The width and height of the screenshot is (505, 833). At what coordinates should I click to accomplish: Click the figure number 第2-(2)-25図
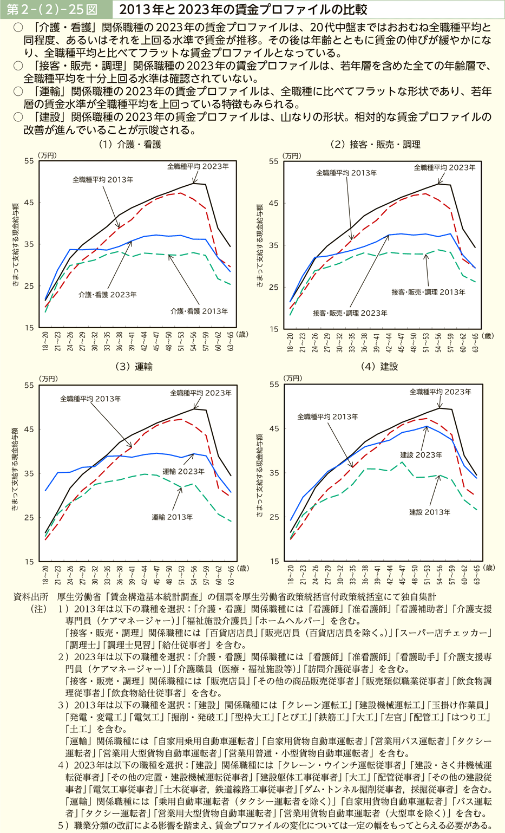53,9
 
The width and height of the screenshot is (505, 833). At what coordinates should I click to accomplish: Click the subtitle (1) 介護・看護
130,145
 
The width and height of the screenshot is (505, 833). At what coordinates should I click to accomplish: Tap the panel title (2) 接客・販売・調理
375,145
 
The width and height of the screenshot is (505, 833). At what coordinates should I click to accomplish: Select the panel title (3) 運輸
134,367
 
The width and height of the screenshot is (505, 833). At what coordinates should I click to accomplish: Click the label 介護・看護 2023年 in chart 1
107,295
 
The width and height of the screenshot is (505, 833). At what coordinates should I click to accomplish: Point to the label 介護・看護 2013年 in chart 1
199,311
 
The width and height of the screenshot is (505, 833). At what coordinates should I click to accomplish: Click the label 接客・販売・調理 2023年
350,313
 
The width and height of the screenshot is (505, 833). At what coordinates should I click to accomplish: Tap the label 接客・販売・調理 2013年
429,292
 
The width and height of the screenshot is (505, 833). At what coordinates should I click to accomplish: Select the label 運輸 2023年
183,472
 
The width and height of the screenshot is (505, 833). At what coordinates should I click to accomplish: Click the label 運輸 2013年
172,517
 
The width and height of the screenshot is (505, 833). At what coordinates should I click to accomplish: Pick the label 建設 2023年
421,455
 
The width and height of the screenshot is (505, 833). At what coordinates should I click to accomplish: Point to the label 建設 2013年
430,512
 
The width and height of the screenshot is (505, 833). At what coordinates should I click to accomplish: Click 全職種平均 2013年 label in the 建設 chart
327,417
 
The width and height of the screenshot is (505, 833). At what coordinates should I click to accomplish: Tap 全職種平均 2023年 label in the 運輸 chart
201,393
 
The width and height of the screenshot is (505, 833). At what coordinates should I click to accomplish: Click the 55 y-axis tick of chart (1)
29,161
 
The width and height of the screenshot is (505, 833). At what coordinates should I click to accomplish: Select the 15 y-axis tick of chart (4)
275,562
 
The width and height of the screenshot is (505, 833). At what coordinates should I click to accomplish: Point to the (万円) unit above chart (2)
292,155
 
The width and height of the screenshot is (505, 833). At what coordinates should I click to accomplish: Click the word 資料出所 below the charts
31,597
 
